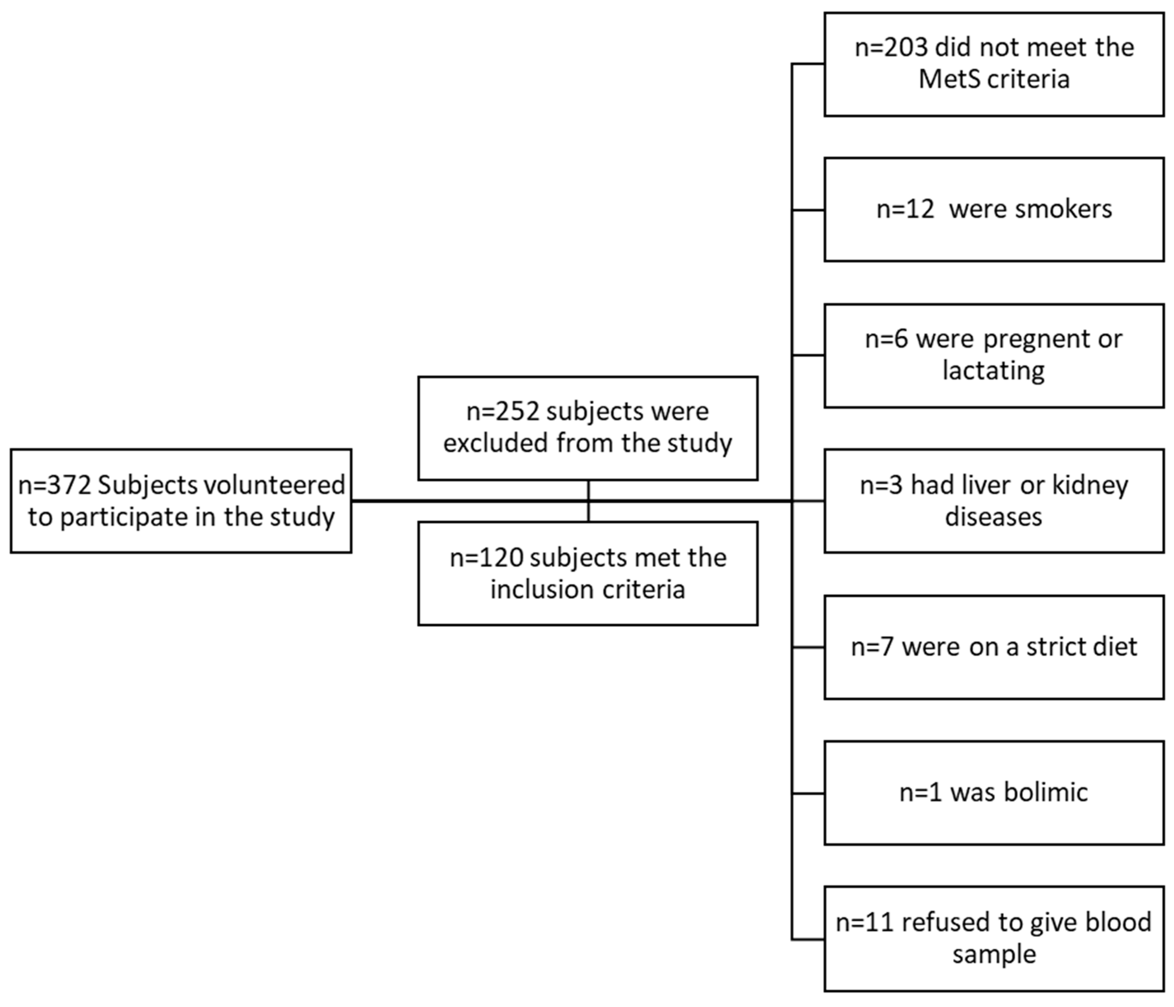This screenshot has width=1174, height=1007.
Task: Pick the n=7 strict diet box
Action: point(994,647)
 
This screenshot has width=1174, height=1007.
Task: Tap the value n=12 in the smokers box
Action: point(905,209)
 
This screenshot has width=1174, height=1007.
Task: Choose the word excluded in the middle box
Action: point(496,443)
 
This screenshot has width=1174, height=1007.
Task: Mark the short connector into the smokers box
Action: point(808,210)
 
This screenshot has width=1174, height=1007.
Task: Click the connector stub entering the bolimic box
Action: point(808,793)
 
